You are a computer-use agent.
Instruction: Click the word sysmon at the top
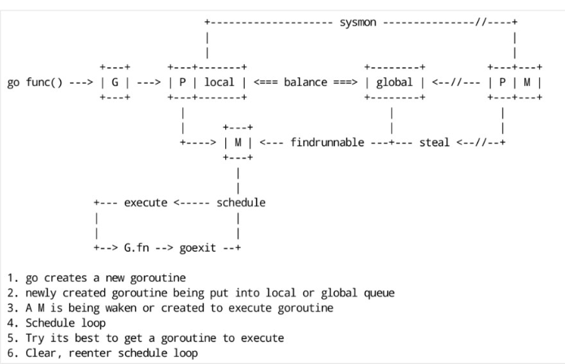(x=358, y=22)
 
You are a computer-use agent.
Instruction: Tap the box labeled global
(x=394, y=82)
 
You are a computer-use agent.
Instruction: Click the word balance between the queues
(x=306, y=82)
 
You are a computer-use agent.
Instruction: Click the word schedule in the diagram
(x=241, y=202)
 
